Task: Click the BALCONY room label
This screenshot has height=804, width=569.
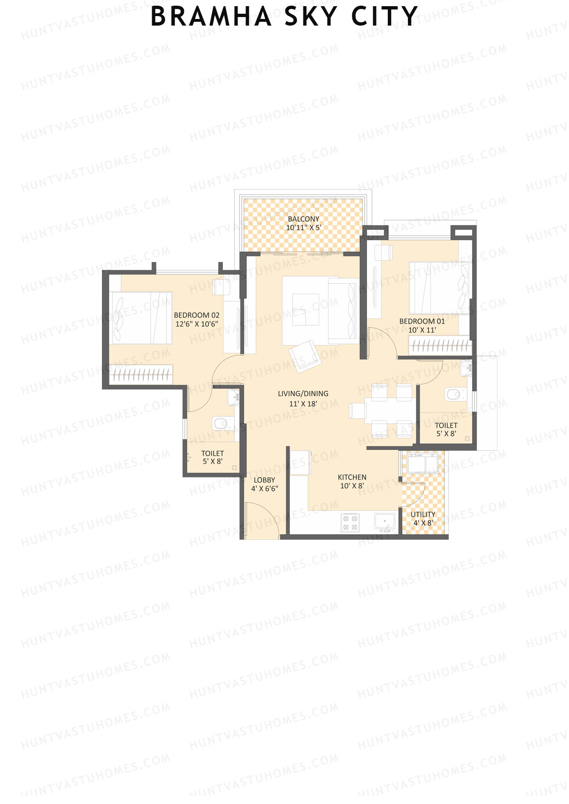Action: coord(303,219)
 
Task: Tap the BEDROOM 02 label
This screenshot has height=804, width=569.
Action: coord(196,315)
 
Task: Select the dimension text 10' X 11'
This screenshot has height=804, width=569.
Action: coord(422,330)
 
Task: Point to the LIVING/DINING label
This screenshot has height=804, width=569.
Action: coord(303,394)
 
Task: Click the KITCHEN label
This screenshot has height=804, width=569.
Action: coord(352,477)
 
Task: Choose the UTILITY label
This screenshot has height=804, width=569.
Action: coord(423,515)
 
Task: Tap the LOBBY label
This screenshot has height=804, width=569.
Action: coord(264,480)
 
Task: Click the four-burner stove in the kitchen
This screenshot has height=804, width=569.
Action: coord(350,523)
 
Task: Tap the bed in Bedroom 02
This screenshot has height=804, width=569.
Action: coord(140,317)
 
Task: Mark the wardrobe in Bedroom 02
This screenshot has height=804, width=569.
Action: coord(141,374)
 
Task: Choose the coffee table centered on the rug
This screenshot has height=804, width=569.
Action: coord(305,310)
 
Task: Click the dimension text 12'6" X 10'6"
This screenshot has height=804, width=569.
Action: coord(196,324)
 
